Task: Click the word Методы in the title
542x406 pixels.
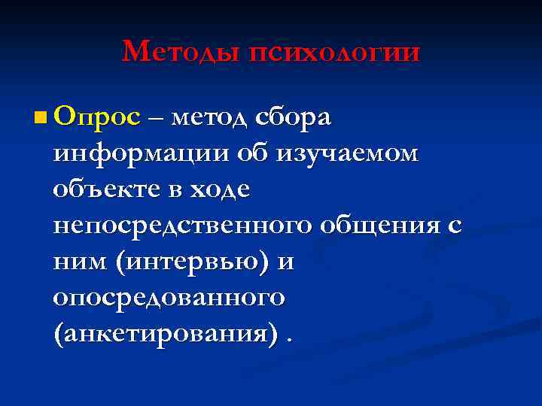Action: coord(173,52)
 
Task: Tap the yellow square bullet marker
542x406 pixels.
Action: coord(41,117)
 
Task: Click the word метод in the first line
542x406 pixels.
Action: coord(212,118)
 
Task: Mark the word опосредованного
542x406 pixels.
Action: coord(169,297)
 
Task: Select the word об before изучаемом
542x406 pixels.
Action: coord(252,154)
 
